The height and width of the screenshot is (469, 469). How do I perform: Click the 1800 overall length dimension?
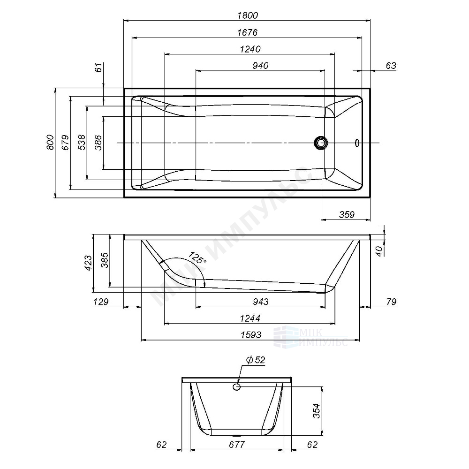[247, 15]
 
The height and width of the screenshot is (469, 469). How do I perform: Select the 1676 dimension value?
[247, 32]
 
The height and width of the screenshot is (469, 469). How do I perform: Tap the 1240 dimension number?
[250, 49]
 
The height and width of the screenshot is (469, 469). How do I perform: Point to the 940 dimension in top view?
[260, 66]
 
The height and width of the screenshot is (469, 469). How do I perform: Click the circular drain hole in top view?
[321, 143]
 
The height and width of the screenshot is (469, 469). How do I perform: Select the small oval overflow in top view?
[357, 143]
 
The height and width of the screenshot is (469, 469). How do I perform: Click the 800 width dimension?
[50, 143]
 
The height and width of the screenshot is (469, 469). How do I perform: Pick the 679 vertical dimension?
[65, 143]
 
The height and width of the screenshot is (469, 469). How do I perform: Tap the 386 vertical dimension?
[98, 143]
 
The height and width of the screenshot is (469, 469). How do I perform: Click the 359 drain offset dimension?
[347, 214]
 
